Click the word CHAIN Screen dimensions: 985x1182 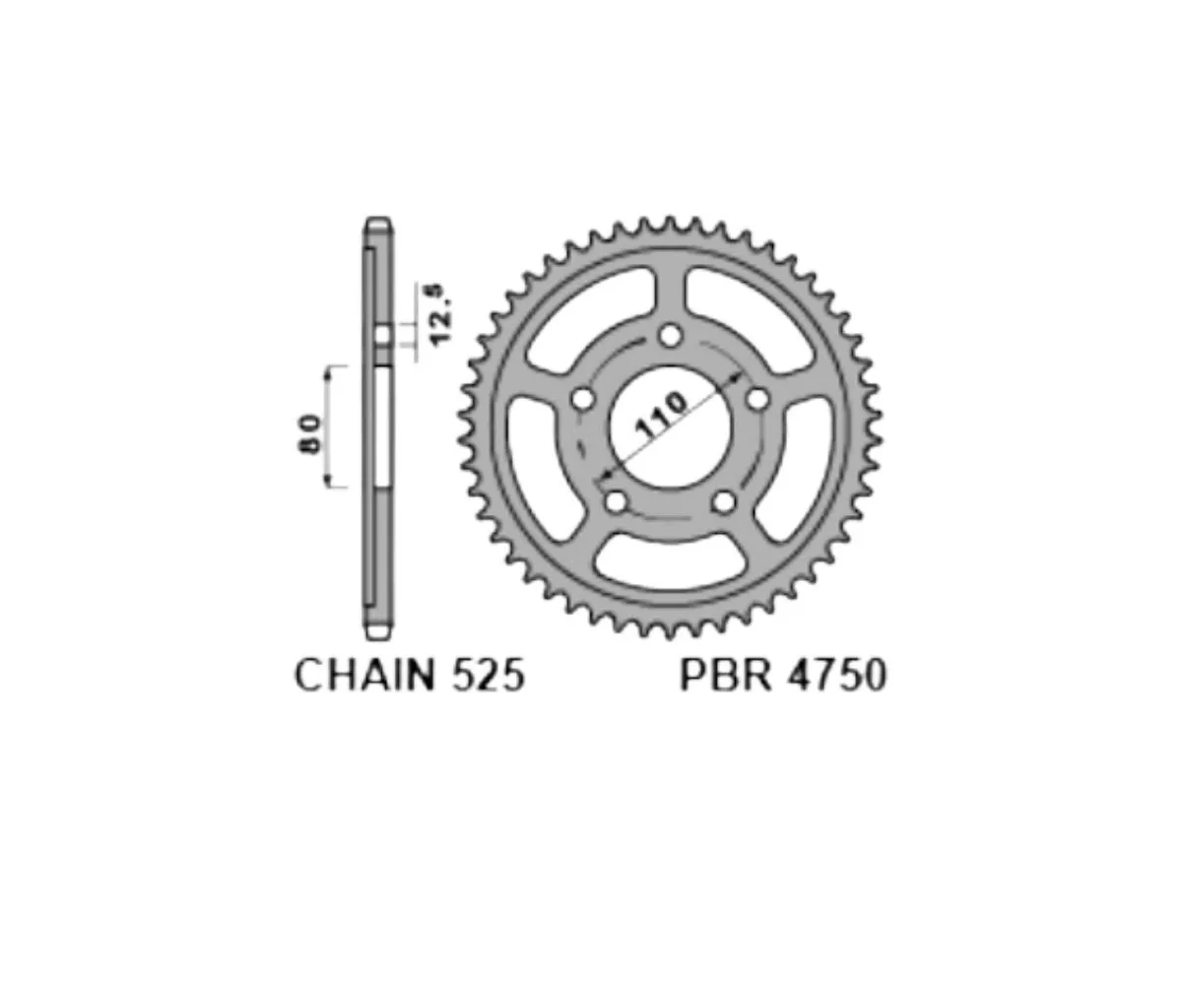click(x=365, y=676)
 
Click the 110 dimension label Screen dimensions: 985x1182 click(x=662, y=415)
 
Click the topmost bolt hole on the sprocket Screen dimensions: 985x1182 click(x=670, y=336)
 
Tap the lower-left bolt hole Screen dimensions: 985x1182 click(x=616, y=502)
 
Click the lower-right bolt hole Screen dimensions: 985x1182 click(x=724, y=502)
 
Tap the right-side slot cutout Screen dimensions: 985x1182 click(x=808, y=463)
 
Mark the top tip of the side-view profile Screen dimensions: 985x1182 click(x=378, y=221)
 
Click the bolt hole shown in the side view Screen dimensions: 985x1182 click(x=382, y=336)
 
